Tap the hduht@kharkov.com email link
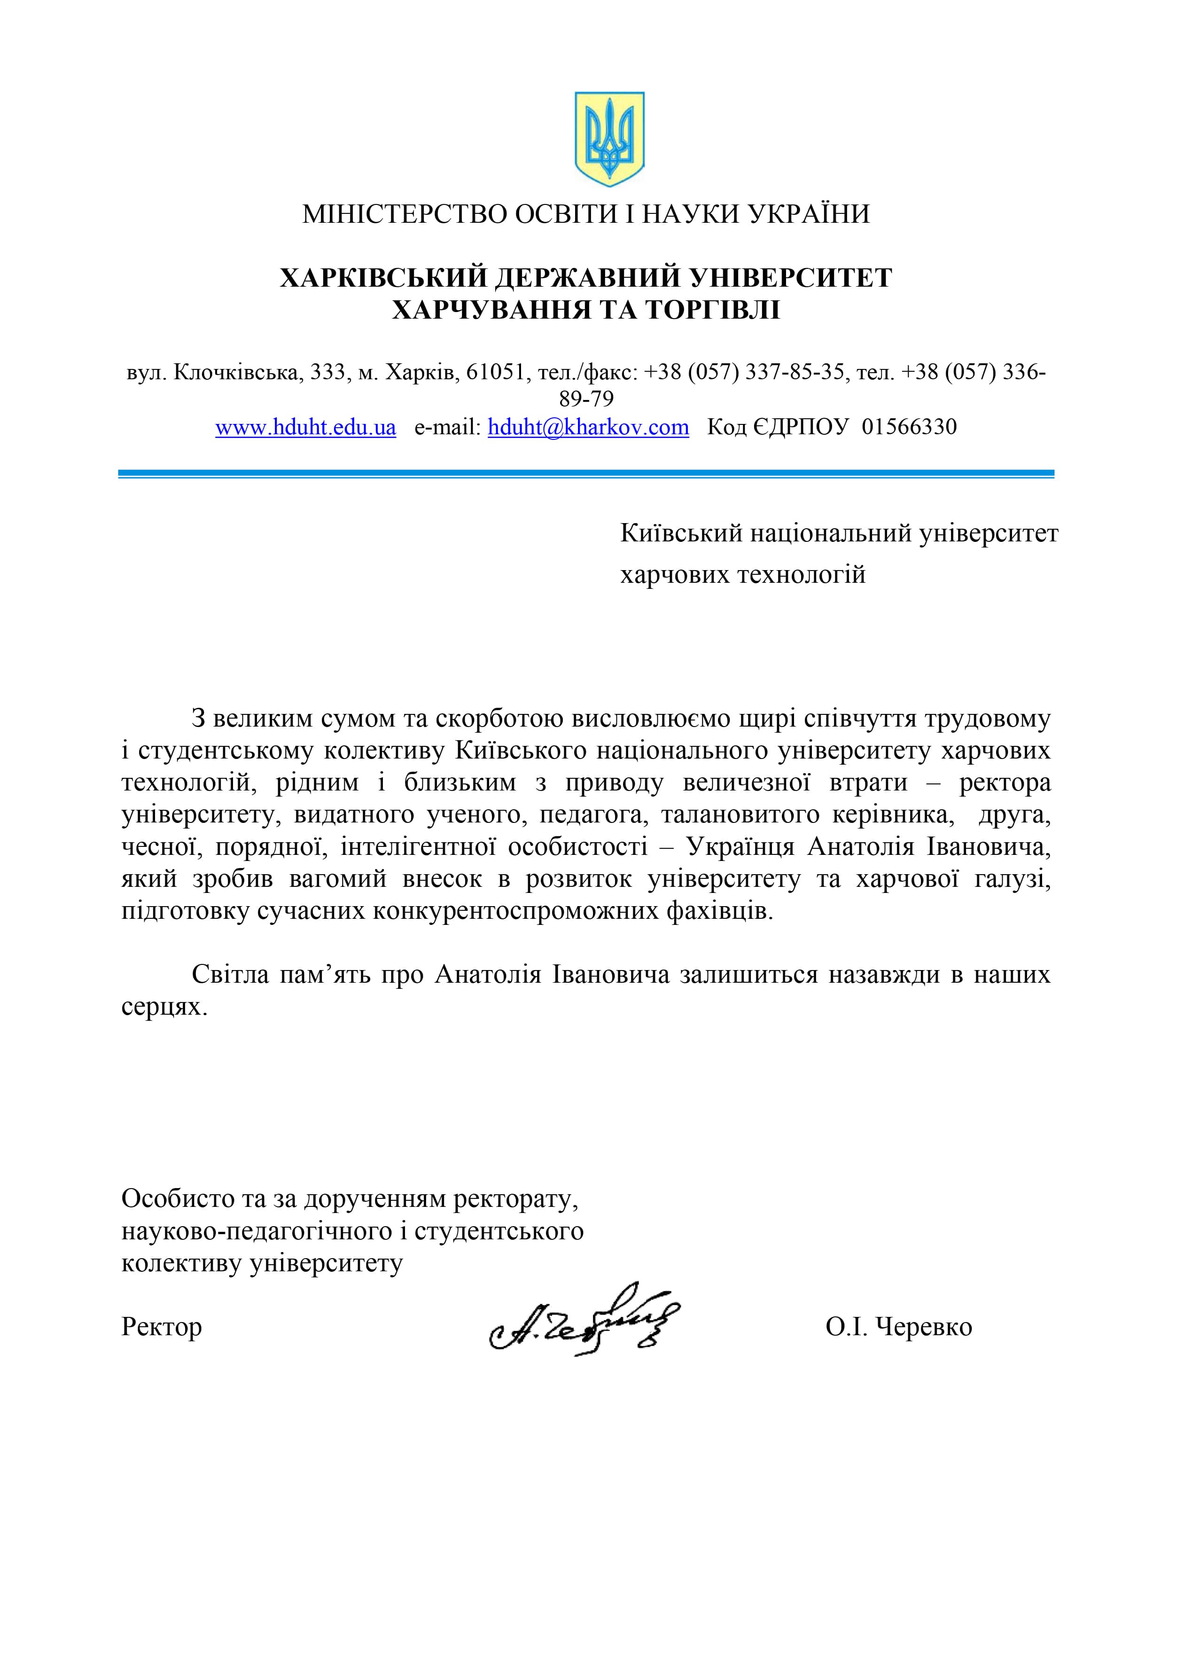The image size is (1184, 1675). coord(588,427)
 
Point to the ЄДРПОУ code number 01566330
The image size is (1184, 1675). coord(909,427)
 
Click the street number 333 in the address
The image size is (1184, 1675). coord(327,372)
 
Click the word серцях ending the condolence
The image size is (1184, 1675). coord(164,1008)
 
